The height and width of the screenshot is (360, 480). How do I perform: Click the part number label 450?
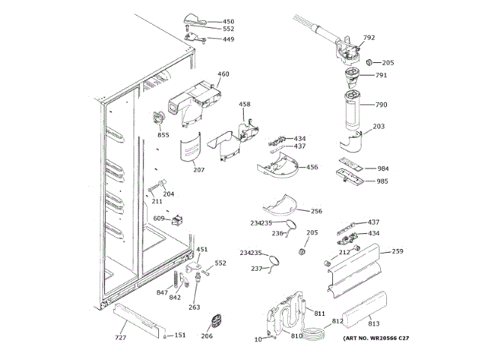click(229, 22)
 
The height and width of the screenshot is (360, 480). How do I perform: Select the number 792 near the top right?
click(369, 37)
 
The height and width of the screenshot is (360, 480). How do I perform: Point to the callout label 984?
click(382, 168)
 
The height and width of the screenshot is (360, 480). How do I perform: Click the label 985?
click(382, 181)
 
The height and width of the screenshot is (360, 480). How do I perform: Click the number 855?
click(163, 135)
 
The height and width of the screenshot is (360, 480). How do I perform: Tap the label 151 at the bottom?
click(179, 335)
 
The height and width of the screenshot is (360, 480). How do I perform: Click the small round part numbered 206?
click(215, 321)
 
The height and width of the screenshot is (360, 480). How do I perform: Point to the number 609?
click(159, 218)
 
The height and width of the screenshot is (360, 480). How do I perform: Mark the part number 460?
click(223, 73)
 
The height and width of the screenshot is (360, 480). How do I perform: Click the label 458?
click(244, 104)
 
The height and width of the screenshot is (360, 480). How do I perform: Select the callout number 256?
click(316, 211)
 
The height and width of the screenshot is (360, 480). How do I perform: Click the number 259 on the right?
click(397, 251)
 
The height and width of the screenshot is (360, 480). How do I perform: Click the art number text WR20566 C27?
click(375, 339)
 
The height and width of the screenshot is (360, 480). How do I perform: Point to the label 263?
click(193, 307)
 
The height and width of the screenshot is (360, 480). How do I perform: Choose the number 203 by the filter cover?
click(379, 126)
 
